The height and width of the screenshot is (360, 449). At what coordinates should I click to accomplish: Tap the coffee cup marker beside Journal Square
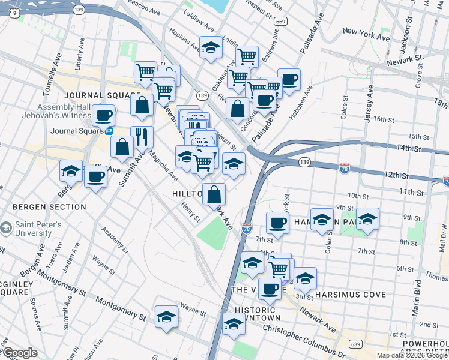(103, 115)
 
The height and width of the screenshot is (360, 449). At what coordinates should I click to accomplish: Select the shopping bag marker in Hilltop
(214, 194)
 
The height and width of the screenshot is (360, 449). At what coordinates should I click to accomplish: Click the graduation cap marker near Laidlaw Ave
(211, 47)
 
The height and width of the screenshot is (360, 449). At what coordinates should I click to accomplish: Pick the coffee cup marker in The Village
(270, 288)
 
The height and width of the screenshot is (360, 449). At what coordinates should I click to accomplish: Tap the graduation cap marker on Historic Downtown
(233, 324)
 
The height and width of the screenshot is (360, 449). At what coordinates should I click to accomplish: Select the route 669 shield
(280, 21)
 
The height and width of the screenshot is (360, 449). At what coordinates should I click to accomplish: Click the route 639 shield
(356, 344)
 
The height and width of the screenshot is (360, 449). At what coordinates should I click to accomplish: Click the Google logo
(20, 353)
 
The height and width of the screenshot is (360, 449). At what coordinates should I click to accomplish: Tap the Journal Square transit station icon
(109, 131)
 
